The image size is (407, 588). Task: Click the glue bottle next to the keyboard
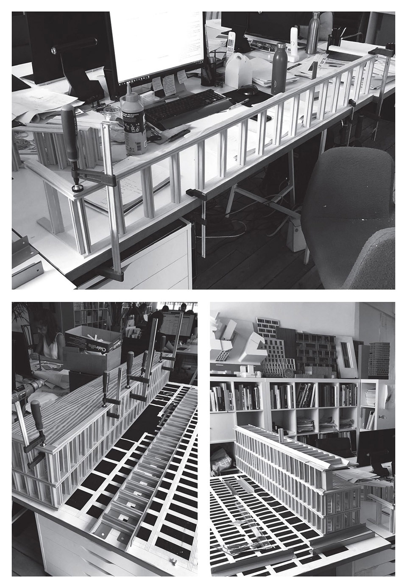[134, 121]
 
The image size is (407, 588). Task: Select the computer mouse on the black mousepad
[248, 89]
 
